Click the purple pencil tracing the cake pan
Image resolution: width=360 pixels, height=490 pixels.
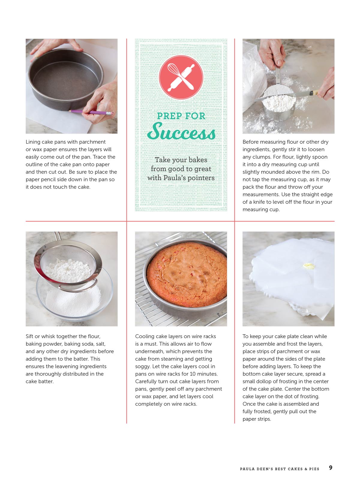(x=91, y=112)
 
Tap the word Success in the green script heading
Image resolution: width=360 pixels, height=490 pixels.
(x=181, y=132)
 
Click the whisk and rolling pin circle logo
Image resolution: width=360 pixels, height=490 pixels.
(x=181, y=77)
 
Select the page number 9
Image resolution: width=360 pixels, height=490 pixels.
(x=331, y=468)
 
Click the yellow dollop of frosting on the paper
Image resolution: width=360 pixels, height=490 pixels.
(x=309, y=266)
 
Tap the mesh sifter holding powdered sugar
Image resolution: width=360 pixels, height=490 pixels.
(x=68, y=265)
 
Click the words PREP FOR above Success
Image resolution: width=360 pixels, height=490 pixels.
(x=181, y=116)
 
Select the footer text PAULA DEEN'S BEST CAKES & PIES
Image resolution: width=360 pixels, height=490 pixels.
(x=280, y=469)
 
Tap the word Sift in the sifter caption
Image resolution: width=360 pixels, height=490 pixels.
(x=30, y=336)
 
